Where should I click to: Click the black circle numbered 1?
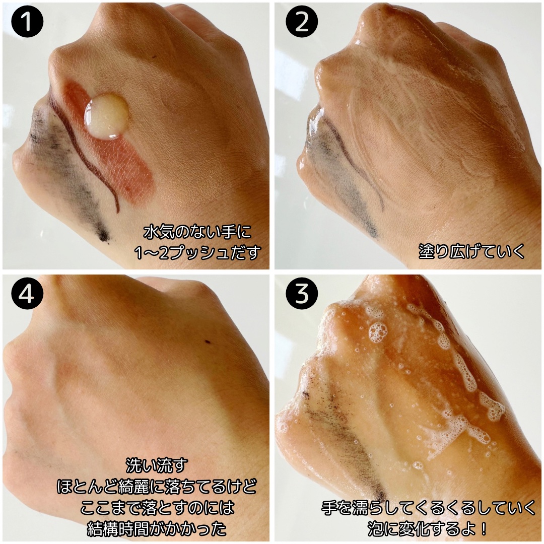(x=27, y=22)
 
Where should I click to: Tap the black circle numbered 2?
(x=302, y=22)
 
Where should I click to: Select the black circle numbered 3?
(x=302, y=294)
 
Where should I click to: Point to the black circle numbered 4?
(x=27, y=294)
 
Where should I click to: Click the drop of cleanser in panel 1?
(x=106, y=116)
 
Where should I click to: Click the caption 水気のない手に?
(x=197, y=232)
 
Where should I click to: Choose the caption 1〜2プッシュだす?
(x=197, y=252)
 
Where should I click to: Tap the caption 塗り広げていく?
(x=471, y=251)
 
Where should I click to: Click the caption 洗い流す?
(x=157, y=465)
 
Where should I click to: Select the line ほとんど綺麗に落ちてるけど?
(x=157, y=487)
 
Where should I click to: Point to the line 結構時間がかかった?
(x=157, y=528)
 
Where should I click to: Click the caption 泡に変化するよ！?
(x=428, y=528)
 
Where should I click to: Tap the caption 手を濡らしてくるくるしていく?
(x=428, y=508)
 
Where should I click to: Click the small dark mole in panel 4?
(x=208, y=342)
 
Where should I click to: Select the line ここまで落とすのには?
(x=157, y=508)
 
